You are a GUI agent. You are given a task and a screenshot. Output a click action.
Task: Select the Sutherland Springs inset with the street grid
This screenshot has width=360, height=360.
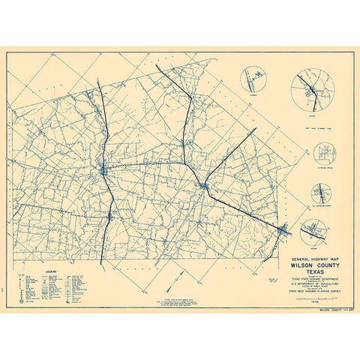click(325, 154)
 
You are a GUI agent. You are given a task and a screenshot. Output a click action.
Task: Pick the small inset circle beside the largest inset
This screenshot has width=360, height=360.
click(254, 79)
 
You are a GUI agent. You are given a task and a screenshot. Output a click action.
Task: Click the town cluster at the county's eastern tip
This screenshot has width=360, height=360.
click(283, 229)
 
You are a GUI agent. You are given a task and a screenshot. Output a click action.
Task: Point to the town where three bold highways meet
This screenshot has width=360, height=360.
click(205, 184)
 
